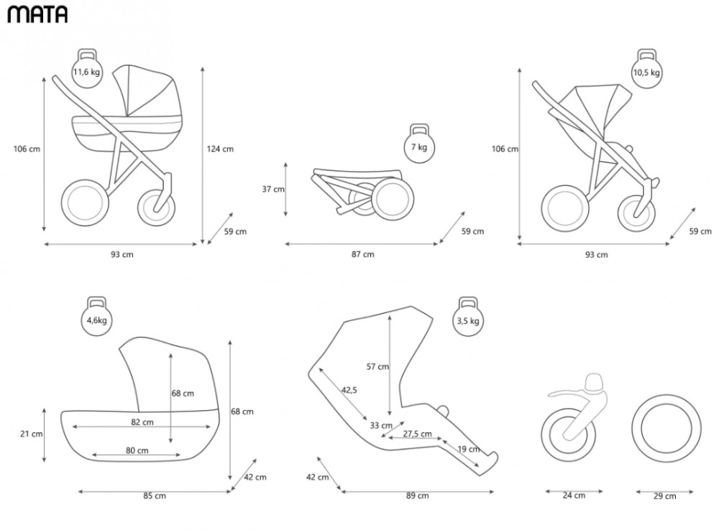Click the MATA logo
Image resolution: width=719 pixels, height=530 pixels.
(37, 14)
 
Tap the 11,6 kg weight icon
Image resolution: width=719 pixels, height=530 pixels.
(87, 69)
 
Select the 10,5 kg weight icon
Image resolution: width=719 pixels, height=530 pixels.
(646, 69)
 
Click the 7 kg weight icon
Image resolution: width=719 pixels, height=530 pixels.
(419, 144)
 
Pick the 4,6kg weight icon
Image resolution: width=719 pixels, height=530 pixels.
(97, 317)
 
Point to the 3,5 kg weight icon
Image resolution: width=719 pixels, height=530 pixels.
(468, 317)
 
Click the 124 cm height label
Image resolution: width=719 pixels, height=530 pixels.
(220, 149)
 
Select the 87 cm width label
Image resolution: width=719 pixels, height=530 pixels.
(362, 254)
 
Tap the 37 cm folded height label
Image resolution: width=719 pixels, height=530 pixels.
(273, 189)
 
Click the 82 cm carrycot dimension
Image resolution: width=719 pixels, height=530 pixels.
(142, 422)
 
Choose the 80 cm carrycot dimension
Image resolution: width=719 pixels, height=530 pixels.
(137, 451)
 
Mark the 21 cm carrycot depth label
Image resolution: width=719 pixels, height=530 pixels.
(31, 434)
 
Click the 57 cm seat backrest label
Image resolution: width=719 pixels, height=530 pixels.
(377, 366)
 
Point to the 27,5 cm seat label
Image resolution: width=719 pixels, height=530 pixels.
(417, 434)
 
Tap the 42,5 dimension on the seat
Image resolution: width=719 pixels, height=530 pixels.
(349, 390)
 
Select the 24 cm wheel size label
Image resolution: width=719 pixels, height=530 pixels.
(574, 496)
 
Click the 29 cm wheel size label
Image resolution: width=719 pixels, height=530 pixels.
(665, 496)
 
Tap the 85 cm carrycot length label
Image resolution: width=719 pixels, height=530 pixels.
(155, 496)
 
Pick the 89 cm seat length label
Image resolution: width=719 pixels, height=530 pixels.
(417, 496)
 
